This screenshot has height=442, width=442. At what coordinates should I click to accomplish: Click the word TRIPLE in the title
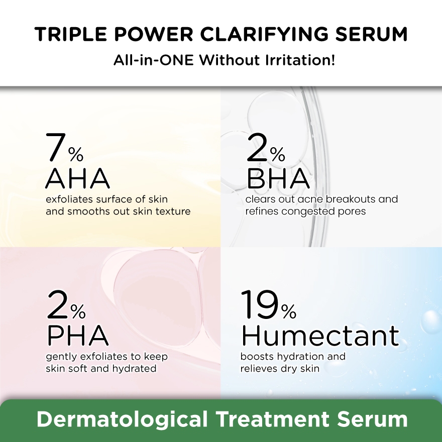pos(70,34)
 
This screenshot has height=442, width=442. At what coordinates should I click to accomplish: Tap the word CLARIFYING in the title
pos(264,34)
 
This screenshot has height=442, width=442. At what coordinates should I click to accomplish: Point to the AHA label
pos(77,178)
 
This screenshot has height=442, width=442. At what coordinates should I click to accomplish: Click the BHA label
pos(278,178)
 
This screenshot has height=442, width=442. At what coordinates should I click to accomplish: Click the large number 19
pos(259,304)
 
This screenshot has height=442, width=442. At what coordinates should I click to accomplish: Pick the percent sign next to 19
pos(288,311)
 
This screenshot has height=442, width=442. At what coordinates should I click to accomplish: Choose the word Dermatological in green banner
pos(122,419)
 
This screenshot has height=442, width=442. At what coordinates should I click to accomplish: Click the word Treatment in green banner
pos(273,419)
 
